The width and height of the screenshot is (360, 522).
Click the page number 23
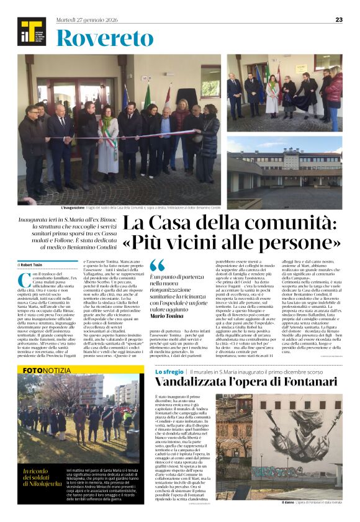pyautogui.click(x=339, y=19)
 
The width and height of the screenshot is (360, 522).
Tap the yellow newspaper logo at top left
pyautogui.click(x=32, y=32)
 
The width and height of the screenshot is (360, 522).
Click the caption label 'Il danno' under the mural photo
pyautogui.click(x=289, y=502)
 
